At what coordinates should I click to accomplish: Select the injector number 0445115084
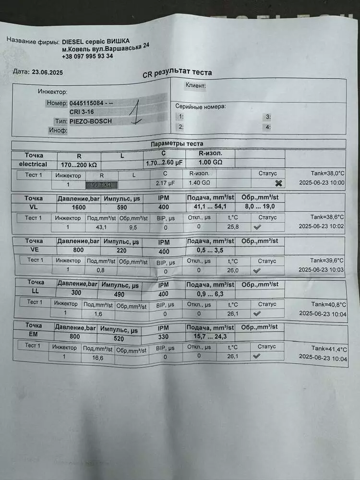click(x=85, y=103)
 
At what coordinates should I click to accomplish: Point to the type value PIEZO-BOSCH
click(x=90, y=121)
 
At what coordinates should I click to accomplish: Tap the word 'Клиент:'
click(x=195, y=86)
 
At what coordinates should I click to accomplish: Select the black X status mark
click(x=278, y=183)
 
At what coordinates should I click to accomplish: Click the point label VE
click(x=34, y=250)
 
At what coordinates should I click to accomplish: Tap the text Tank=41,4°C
click(x=328, y=348)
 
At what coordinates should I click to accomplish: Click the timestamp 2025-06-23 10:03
click(x=322, y=271)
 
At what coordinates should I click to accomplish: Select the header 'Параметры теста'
click(x=177, y=144)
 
